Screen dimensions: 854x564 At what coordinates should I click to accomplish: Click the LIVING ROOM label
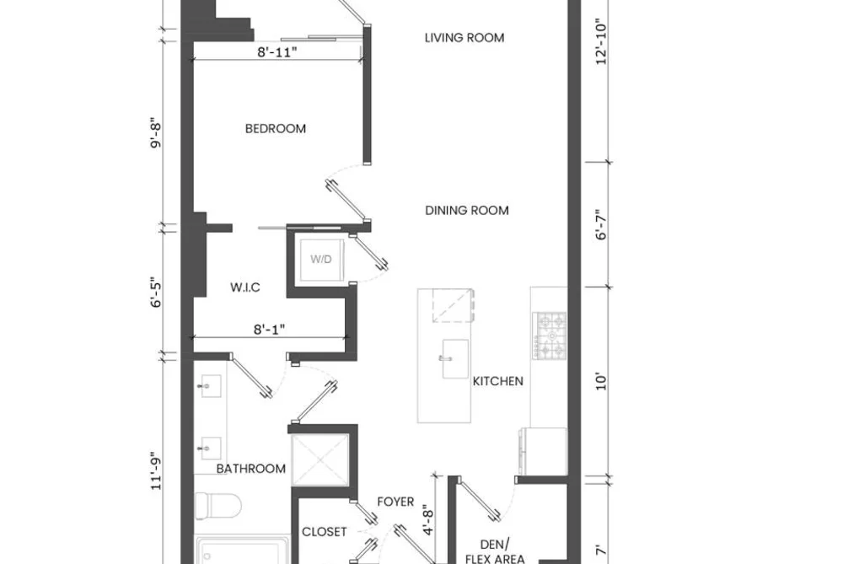[x=464, y=38]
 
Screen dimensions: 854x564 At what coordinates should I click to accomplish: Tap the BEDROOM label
[x=276, y=128]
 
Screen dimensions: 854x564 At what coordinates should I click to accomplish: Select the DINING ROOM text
[x=467, y=210]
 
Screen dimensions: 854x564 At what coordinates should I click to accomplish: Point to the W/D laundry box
[x=321, y=260]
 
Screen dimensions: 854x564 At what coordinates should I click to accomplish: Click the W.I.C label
[x=245, y=287]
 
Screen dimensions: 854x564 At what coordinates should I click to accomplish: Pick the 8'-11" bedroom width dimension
[x=277, y=52]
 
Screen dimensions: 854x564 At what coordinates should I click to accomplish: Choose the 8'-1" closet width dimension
[x=269, y=330]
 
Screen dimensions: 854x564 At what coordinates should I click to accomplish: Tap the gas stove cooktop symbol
[x=550, y=336]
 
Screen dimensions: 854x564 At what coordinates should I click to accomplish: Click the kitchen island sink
[x=454, y=359]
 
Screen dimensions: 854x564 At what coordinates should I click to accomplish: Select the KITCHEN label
[x=497, y=381]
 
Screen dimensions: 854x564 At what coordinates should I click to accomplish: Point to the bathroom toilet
[x=218, y=506]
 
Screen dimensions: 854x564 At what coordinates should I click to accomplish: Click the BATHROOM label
[x=250, y=469]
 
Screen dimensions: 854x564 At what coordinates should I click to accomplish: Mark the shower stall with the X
[x=320, y=460]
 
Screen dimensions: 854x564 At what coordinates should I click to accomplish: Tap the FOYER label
[x=395, y=502]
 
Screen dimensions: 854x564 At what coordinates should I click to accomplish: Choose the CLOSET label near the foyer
[x=324, y=532]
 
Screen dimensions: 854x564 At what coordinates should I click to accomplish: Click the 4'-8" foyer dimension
[x=428, y=521]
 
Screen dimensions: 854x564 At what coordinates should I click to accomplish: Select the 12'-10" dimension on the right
[x=601, y=42]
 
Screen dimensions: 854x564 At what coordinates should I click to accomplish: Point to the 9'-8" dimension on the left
[x=156, y=133]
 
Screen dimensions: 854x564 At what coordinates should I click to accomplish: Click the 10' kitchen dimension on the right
[x=601, y=381]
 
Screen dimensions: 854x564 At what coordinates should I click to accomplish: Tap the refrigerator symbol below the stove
[x=544, y=451]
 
